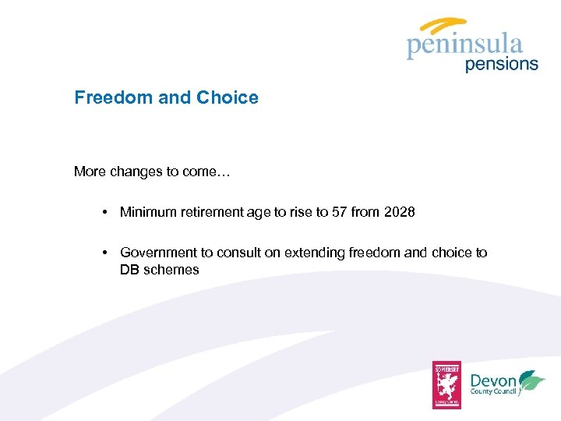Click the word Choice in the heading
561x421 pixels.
228,97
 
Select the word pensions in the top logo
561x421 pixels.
502,64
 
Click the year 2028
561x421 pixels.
400,211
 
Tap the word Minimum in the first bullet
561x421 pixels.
147,211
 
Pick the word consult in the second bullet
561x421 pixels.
241,253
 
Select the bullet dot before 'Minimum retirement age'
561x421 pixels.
104,212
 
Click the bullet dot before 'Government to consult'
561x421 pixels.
104,253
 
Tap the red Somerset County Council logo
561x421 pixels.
447,384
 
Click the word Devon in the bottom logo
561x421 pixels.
493,380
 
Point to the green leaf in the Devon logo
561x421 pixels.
533,381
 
